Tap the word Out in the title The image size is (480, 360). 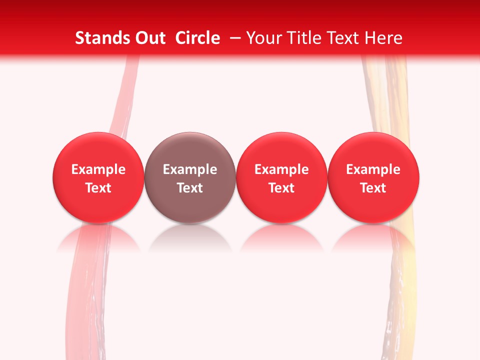coord(149,38)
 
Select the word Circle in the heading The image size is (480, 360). coord(197,38)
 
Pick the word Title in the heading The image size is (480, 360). coord(303,38)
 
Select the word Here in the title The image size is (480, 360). coord(383,38)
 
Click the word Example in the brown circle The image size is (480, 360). coord(190,169)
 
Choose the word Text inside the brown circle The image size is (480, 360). coord(190,188)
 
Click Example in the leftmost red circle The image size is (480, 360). coord(98,169)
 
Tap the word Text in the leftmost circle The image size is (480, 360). coord(98,188)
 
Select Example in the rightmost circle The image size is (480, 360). coord(373,169)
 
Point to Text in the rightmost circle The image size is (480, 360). coord(373,188)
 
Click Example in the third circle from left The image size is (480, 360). coord(281,169)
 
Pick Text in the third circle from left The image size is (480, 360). coord(281,188)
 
